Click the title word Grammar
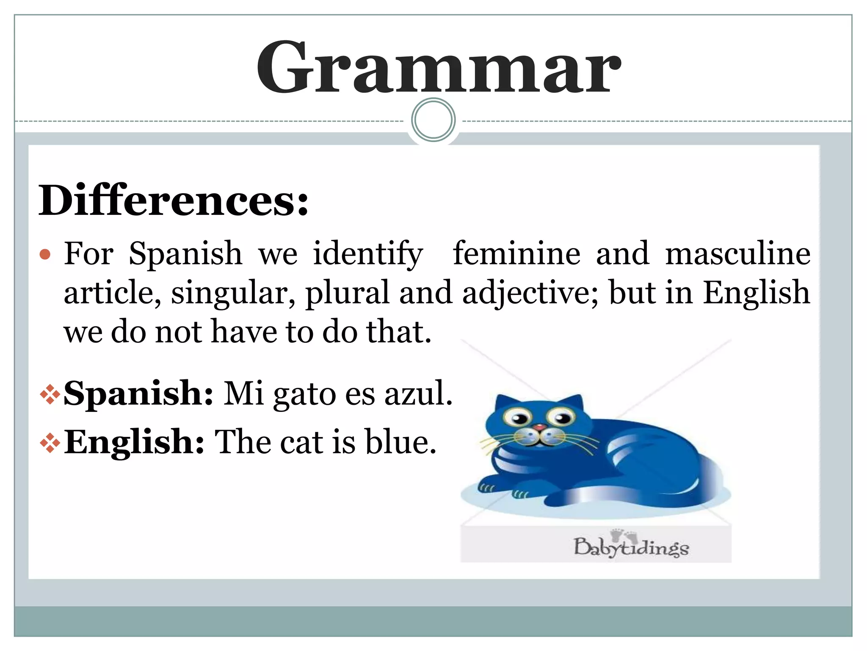coord(439,68)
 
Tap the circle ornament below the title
coord(433,120)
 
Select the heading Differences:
coord(174,200)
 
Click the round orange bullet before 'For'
coord(45,255)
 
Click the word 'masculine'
coord(737,253)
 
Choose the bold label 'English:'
coord(134,442)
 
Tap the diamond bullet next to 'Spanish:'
coord(50,394)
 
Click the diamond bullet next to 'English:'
coord(50,442)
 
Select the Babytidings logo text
coord(631,547)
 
